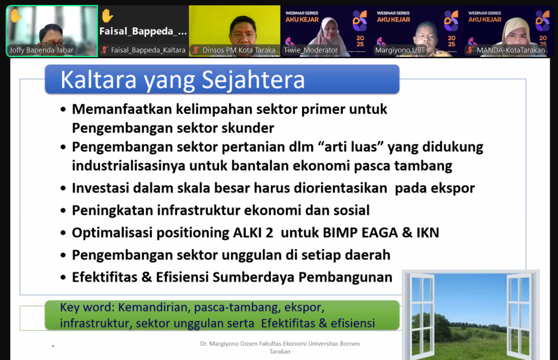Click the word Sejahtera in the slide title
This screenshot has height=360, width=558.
coord(253,80)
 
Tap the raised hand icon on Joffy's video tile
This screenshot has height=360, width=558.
coord(16,16)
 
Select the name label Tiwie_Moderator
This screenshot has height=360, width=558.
coord(311,50)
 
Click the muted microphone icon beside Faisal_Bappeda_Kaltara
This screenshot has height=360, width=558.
coord(104,50)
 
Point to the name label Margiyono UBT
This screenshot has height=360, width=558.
coord(399,50)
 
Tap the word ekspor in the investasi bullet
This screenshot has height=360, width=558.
coord(453,188)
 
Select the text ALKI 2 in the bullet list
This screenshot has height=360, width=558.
coord(253,233)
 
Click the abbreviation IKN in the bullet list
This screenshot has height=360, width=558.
coord(428,233)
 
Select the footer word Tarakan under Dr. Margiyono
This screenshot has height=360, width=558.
coord(280,351)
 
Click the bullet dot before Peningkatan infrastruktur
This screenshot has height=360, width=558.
coord(63,211)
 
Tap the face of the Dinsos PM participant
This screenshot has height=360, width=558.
coord(244,33)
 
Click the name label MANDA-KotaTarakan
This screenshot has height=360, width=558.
coord(511,50)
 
